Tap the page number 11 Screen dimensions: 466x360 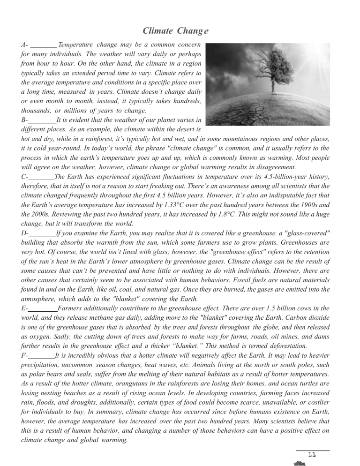(313, 455)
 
